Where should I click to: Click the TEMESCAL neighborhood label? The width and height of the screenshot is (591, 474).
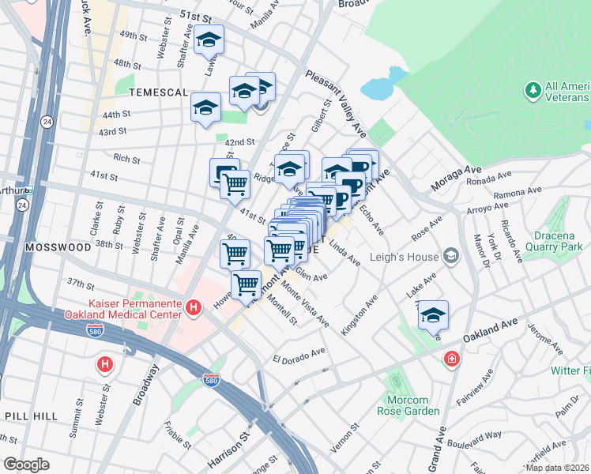point(156,92)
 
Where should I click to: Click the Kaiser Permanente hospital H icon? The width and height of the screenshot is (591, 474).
point(193,307)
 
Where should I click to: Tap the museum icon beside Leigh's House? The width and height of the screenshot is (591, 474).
point(450,254)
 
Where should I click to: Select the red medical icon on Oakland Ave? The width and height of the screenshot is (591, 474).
point(451,359)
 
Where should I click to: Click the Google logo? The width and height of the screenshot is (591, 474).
point(26,465)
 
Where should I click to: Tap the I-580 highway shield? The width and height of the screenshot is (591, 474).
point(211,381)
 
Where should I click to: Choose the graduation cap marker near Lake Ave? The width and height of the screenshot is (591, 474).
point(433,315)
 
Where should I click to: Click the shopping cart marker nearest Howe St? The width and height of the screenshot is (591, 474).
point(246,283)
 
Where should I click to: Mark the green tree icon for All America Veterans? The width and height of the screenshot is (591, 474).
point(532,91)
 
